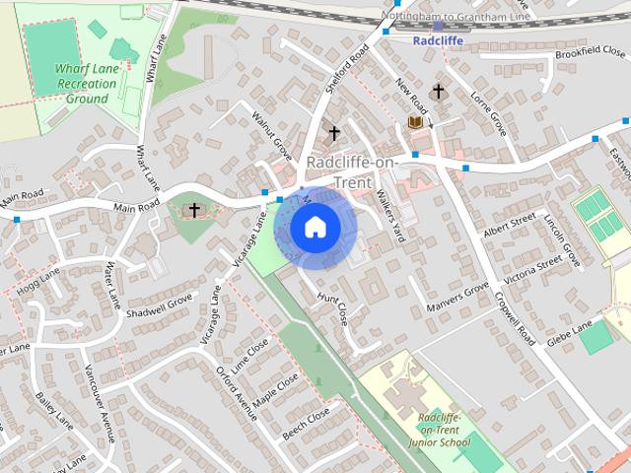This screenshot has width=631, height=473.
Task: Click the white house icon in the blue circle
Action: (x=315, y=228)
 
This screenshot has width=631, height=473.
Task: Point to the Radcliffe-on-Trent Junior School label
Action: (x=441, y=430)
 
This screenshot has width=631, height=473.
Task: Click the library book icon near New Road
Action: (x=415, y=122)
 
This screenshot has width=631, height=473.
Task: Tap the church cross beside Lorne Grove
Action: (x=438, y=91)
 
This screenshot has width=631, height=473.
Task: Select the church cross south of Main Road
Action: (x=195, y=209)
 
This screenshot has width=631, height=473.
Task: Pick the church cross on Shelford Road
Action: (x=333, y=132)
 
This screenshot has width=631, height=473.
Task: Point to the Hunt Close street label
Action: (x=332, y=308)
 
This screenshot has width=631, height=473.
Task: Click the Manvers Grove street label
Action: (x=457, y=298)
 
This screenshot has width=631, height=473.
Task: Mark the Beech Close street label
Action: (x=306, y=424)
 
